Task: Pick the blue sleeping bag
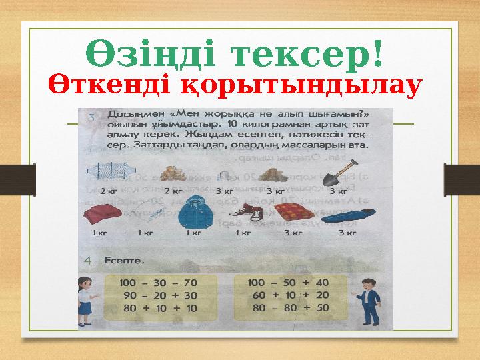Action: [x=345, y=215]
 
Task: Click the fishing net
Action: [x=104, y=175]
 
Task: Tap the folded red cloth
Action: [x=100, y=215]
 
